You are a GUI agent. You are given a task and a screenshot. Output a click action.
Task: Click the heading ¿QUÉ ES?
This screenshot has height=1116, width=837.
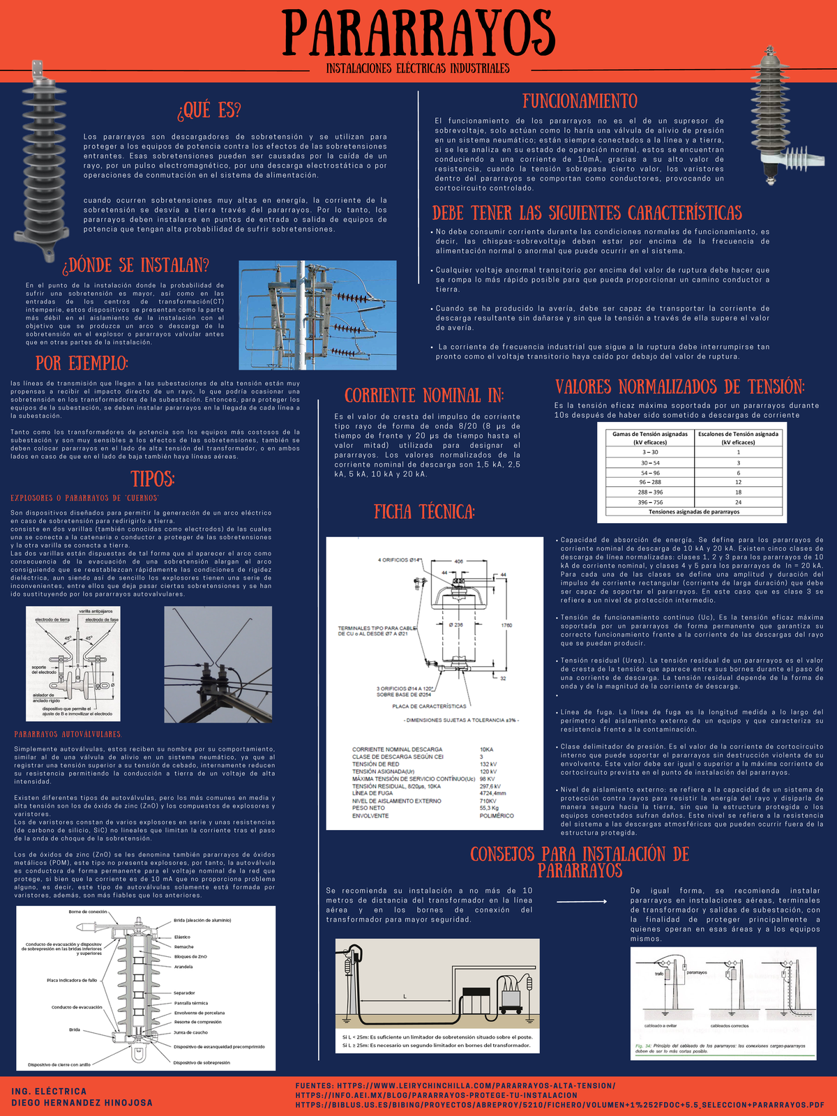tap(209, 110)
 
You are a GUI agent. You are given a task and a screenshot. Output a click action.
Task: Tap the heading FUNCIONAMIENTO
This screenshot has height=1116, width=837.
tap(580, 101)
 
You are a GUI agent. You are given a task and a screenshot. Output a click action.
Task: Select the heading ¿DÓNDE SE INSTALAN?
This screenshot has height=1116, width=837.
tap(136, 266)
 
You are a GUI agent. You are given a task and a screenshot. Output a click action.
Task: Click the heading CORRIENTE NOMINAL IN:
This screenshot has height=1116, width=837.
tap(424, 395)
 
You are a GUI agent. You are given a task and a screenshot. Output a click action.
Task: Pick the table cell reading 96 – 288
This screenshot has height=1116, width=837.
tap(650, 482)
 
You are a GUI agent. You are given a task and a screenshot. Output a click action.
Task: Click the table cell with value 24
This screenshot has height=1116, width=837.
tap(738, 502)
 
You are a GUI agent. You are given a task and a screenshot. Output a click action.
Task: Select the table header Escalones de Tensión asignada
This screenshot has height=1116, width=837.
tap(738, 434)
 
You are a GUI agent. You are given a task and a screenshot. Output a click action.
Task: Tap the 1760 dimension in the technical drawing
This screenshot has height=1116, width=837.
tap(506, 625)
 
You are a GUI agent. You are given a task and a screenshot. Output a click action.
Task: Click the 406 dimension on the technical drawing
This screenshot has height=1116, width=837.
tap(458, 561)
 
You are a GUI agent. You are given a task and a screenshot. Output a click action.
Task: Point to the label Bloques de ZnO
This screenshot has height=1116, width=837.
tap(190, 956)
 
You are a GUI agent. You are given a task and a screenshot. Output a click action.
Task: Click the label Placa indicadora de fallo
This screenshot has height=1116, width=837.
tap(72, 980)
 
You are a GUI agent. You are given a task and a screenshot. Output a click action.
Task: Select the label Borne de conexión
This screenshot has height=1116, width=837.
tap(88, 912)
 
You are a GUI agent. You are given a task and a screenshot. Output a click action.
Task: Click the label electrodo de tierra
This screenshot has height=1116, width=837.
tap(52, 619)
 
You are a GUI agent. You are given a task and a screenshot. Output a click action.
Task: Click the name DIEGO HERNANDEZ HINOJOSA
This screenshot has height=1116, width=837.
tap(82, 1103)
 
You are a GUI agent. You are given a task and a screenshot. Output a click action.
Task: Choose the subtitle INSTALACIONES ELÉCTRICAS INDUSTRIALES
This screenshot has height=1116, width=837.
tap(418, 68)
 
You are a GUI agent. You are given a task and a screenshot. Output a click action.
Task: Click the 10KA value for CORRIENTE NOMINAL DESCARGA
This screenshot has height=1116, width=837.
tap(486, 749)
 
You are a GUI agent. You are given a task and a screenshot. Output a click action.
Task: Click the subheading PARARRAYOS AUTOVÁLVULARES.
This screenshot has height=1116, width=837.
tap(68, 734)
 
